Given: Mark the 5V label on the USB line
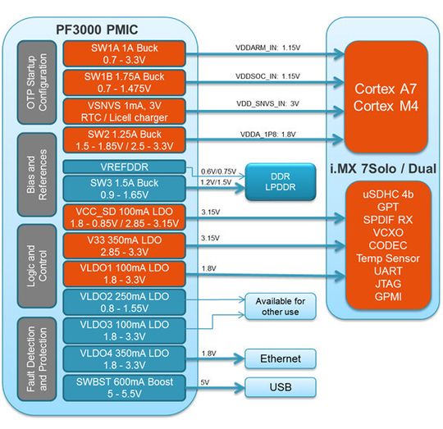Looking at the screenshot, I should (205, 381).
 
